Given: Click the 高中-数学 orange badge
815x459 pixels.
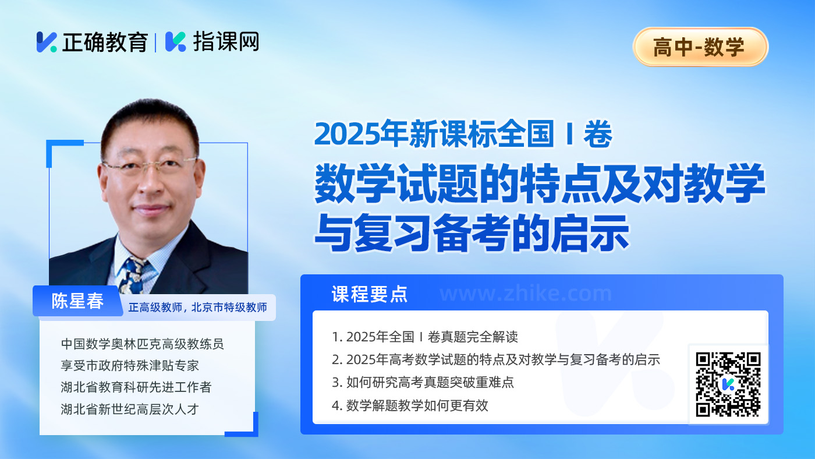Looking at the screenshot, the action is [x=700, y=47].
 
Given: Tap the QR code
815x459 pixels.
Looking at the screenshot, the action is [x=728, y=384].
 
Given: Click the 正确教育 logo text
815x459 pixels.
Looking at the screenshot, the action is [x=105, y=42].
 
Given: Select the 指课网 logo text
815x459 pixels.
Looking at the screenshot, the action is [x=226, y=41].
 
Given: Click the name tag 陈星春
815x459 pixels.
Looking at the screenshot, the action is [x=77, y=301].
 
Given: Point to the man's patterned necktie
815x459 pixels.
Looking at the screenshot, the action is [x=133, y=276].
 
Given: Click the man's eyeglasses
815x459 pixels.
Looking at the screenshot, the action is [x=149, y=165].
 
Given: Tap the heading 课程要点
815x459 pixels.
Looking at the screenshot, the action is [x=369, y=294].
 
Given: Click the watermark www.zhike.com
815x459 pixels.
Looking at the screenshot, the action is [x=525, y=294].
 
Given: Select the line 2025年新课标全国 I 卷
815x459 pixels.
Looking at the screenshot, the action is [x=463, y=134].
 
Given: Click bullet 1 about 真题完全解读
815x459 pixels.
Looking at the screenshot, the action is [x=424, y=337].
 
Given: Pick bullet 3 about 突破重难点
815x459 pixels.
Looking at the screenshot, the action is [x=423, y=383].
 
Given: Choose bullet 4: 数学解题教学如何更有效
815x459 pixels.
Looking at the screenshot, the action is [x=410, y=405].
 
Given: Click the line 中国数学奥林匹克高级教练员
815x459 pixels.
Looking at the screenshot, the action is [x=142, y=344].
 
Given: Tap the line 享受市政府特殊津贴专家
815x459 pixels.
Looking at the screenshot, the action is [x=130, y=365].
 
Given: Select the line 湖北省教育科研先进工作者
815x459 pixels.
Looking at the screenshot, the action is [x=136, y=387].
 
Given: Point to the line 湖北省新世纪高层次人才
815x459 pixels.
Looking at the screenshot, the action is [x=130, y=409].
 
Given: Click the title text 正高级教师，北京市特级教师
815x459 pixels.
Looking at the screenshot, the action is [x=198, y=308].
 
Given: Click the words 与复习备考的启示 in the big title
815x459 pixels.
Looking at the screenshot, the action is [x=472, y=233].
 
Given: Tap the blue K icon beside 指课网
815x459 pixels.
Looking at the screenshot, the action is [x=175, y=42].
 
